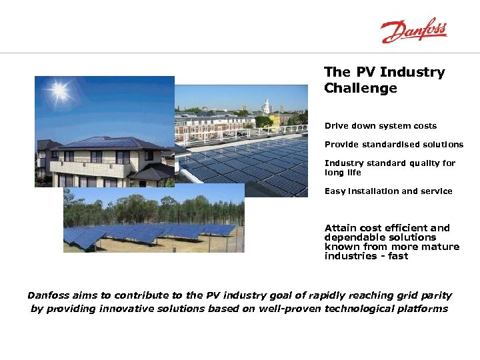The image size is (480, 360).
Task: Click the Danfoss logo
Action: pos(413,31)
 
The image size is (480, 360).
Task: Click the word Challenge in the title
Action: pos(360,89)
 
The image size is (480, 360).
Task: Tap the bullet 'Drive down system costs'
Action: pos(381,126)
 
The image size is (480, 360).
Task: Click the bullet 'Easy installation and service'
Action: pos(388,191)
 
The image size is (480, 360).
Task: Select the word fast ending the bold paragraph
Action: pos(397,256)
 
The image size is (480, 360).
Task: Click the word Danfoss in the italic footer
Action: pos(51,295)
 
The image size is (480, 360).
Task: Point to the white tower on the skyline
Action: pos(266,106)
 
